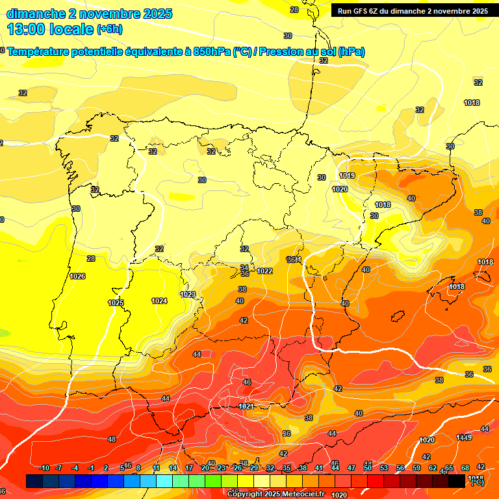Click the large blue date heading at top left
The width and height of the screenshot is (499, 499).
pyautogui.click(x=89, y=14)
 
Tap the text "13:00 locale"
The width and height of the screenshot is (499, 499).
pyautogui.click(x=50, y=29)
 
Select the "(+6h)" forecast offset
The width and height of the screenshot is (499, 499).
pyautogui.click(x=109, y=29)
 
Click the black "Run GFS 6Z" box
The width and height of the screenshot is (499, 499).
pyautogui.click(x=413, y=10)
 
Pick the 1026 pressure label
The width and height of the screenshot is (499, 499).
pyautogui.click(x=77, y=276)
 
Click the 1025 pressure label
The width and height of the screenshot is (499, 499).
pyautogui.click(x=116, y=303)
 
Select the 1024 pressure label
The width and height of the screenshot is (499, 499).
pyautogui.click(x=159, y=301)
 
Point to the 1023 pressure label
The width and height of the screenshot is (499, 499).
pyautogui.click(x=188, y=294)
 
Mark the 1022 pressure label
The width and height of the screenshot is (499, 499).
pyautogui.click(x=264, y=271)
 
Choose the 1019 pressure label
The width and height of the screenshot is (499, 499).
pyautogui.click(x=347, y=175)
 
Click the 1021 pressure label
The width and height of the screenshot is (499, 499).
pyautogui.click(x=246, y=406)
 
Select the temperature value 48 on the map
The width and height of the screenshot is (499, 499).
pyautogui.click(x=112, y=440)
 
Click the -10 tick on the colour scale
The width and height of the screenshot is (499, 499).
pyautogui.click(x=44, y=468)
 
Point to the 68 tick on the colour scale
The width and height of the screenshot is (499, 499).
pyautogui.click(x=465, y=468)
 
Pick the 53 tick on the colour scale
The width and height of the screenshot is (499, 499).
pyautogui.click(x=383, y=468)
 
